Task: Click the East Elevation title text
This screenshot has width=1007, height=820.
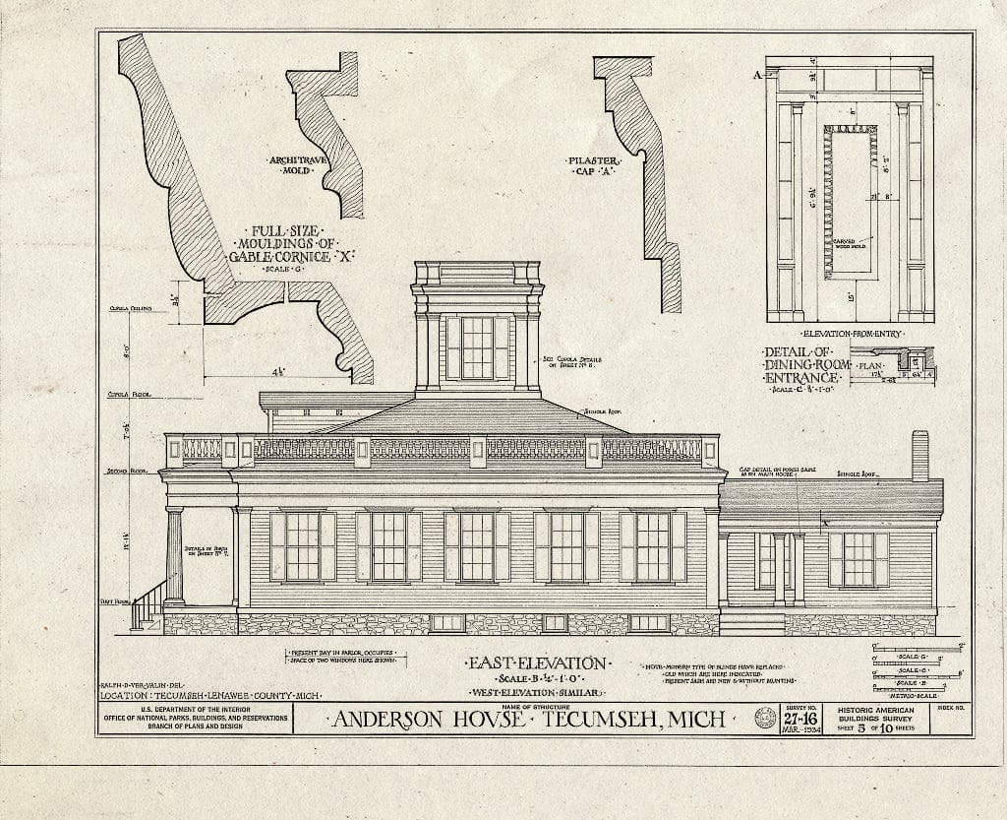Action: (x=535, y=664)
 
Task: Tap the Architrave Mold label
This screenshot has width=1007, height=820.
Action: (x=294, y=164)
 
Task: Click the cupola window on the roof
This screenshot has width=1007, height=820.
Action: (x=477, y=347)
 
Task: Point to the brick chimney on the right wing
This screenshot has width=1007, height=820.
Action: (x=919, y=456)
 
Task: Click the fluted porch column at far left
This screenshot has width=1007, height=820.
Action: (x=174, y=555)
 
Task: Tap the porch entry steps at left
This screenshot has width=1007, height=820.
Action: (x=148, y=605)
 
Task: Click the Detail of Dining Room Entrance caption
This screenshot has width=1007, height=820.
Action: (x=803, y=365)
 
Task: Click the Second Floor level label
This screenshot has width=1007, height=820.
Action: (x=120, y=473)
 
